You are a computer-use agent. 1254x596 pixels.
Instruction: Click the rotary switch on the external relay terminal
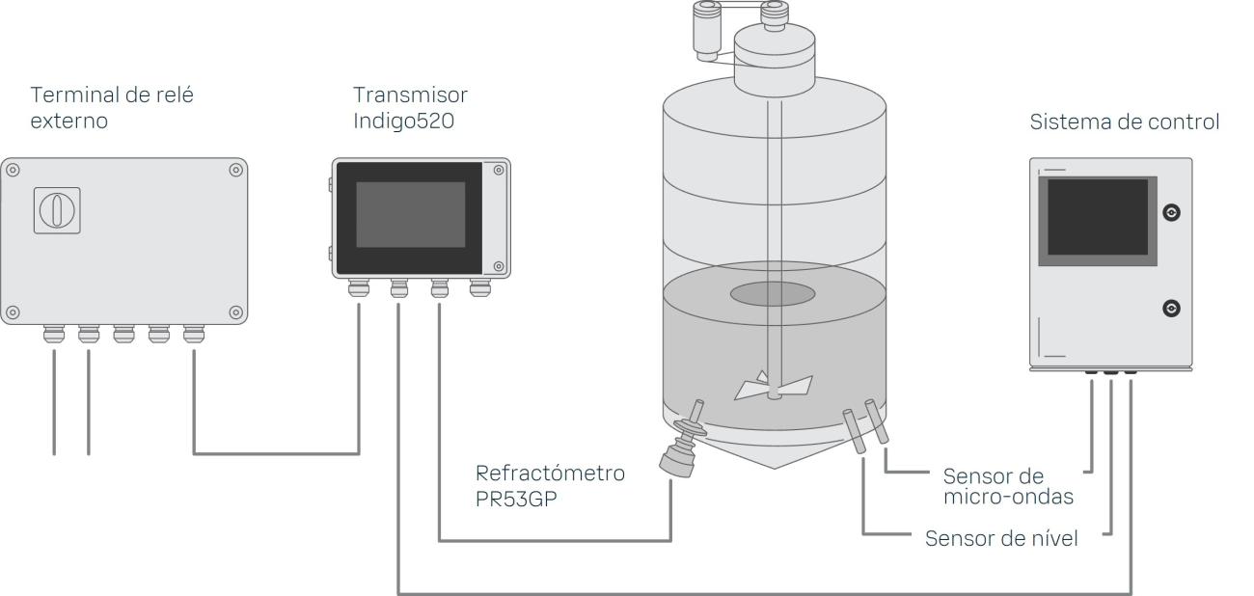tap(57, 209)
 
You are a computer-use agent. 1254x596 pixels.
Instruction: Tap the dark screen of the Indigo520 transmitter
tap(410, 214)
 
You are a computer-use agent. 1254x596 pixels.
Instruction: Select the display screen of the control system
tap(1097, 217)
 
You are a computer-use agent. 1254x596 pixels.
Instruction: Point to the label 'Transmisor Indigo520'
tap(410, 108)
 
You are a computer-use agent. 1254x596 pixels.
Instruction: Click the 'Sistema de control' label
tap(1125, 122)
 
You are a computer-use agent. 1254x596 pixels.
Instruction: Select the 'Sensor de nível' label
tap(1001, 538)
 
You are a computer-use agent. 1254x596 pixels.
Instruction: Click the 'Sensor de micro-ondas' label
tap(1008, 487)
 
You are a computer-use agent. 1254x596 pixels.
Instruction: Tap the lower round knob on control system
tap(1172, 308)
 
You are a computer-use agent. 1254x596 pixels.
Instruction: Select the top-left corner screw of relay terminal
tap(13, 170)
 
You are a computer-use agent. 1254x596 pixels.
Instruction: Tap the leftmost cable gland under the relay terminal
tap(54, 335)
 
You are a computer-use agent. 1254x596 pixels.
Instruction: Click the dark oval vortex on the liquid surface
tap(773, 294)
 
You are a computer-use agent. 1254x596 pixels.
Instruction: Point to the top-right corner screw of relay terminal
tap(235, 170)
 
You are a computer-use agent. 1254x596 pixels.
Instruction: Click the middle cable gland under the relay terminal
tap(123, 335)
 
